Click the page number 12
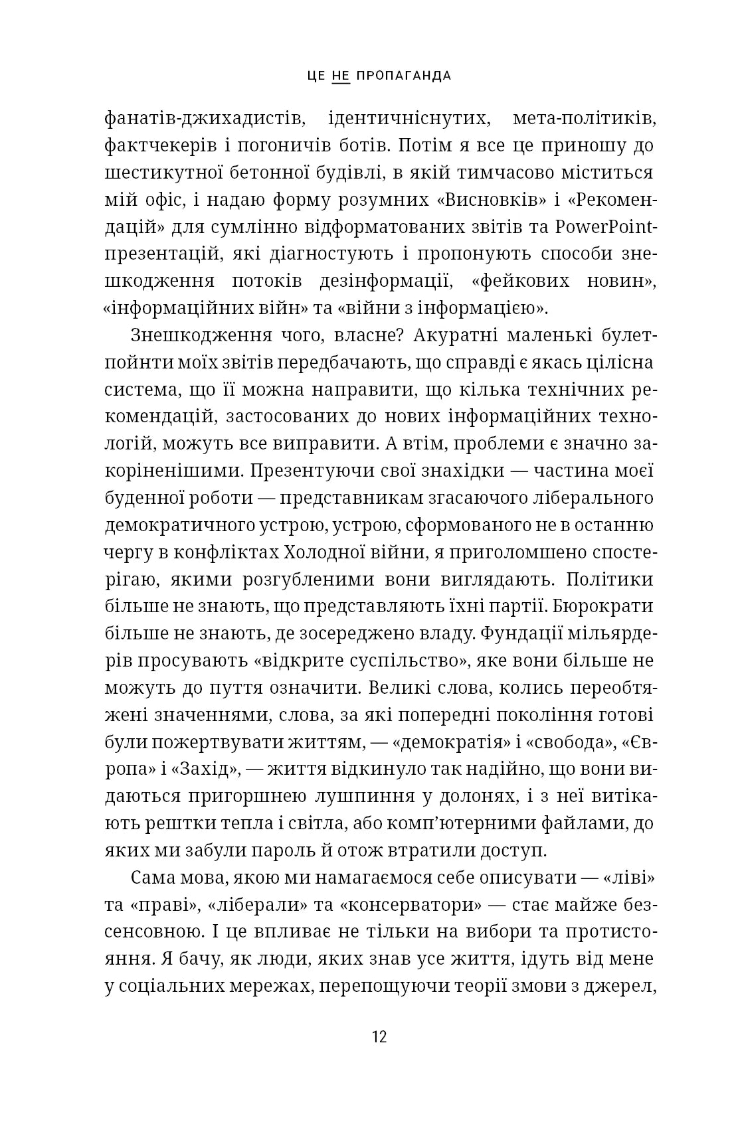[x=379, y=1037]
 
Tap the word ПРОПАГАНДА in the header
[x=404, y=75]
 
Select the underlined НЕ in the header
[x=340, y=75]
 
